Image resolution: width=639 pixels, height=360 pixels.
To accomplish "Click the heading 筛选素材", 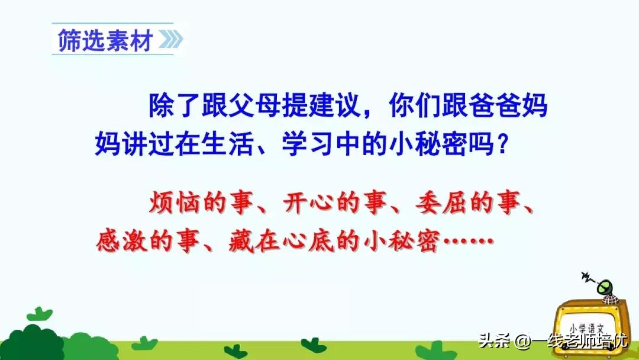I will point(105,40).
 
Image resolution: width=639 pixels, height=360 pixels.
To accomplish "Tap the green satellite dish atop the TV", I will point(606,288).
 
